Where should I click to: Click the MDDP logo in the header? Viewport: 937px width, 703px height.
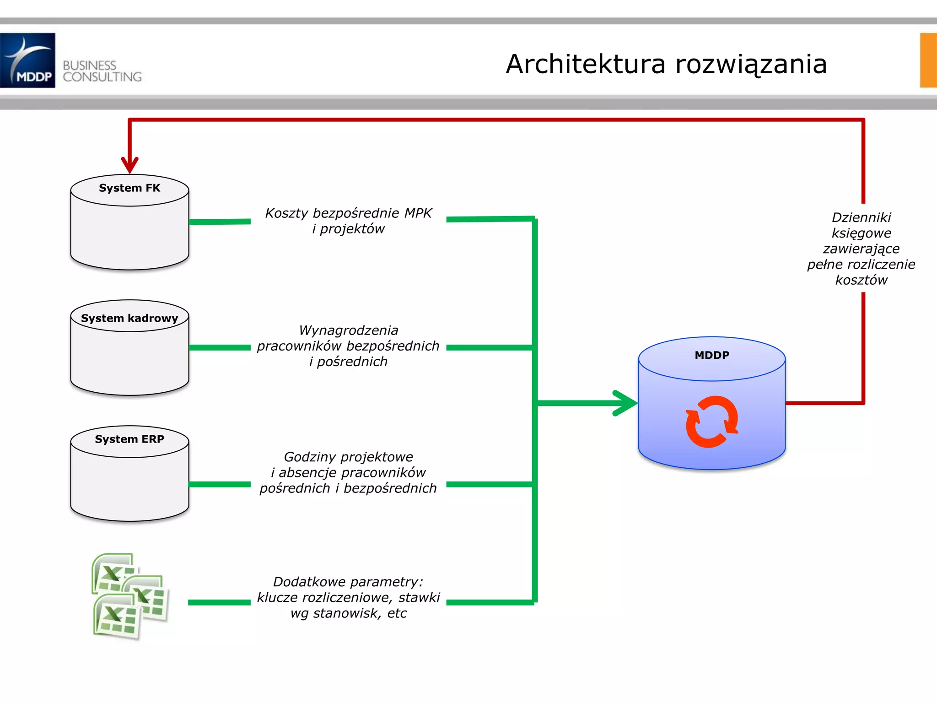pyautogui.click(x=27, y=60)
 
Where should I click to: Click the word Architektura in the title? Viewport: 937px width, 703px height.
pyautogui.click(x=585, y=64)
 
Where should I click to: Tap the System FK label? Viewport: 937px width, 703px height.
pyautogui.click(x=129, y=188)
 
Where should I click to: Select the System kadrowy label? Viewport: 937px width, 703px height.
pyautogui.click(x=129, y=318)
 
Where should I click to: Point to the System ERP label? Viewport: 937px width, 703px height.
pyautogui.click(x=129, y=439)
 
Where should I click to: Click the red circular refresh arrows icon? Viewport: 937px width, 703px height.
pyautogui.click(x=711, y=422)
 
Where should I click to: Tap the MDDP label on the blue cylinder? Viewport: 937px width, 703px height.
pyautogui.click(x=712, y=355)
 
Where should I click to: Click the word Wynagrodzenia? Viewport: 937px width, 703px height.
pyautogui.click(x=348, y=330)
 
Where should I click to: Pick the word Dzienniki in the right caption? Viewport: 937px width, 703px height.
pyautogui.click(x=861, y=217)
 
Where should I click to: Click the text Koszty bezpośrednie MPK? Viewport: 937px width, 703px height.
pyautogui.click(x=348, y=213)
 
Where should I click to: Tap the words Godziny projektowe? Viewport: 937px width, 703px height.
pyautogui.click(x=348, y=457)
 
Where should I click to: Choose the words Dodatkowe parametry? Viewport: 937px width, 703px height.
pyautogui.click(x=348, y=582)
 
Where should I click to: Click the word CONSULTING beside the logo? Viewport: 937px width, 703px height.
pyautogui.click(x=102, y=77)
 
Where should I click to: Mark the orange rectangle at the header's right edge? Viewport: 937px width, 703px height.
pyautogui.click(x=928, y=60)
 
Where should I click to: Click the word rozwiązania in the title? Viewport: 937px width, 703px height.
pyautogui.click(x=751, y=64)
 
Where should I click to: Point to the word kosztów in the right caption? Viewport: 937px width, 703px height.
pyautogui.click(x=861, y=280)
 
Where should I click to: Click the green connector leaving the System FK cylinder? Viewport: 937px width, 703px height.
pyautogui.click(x=220, y=222)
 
